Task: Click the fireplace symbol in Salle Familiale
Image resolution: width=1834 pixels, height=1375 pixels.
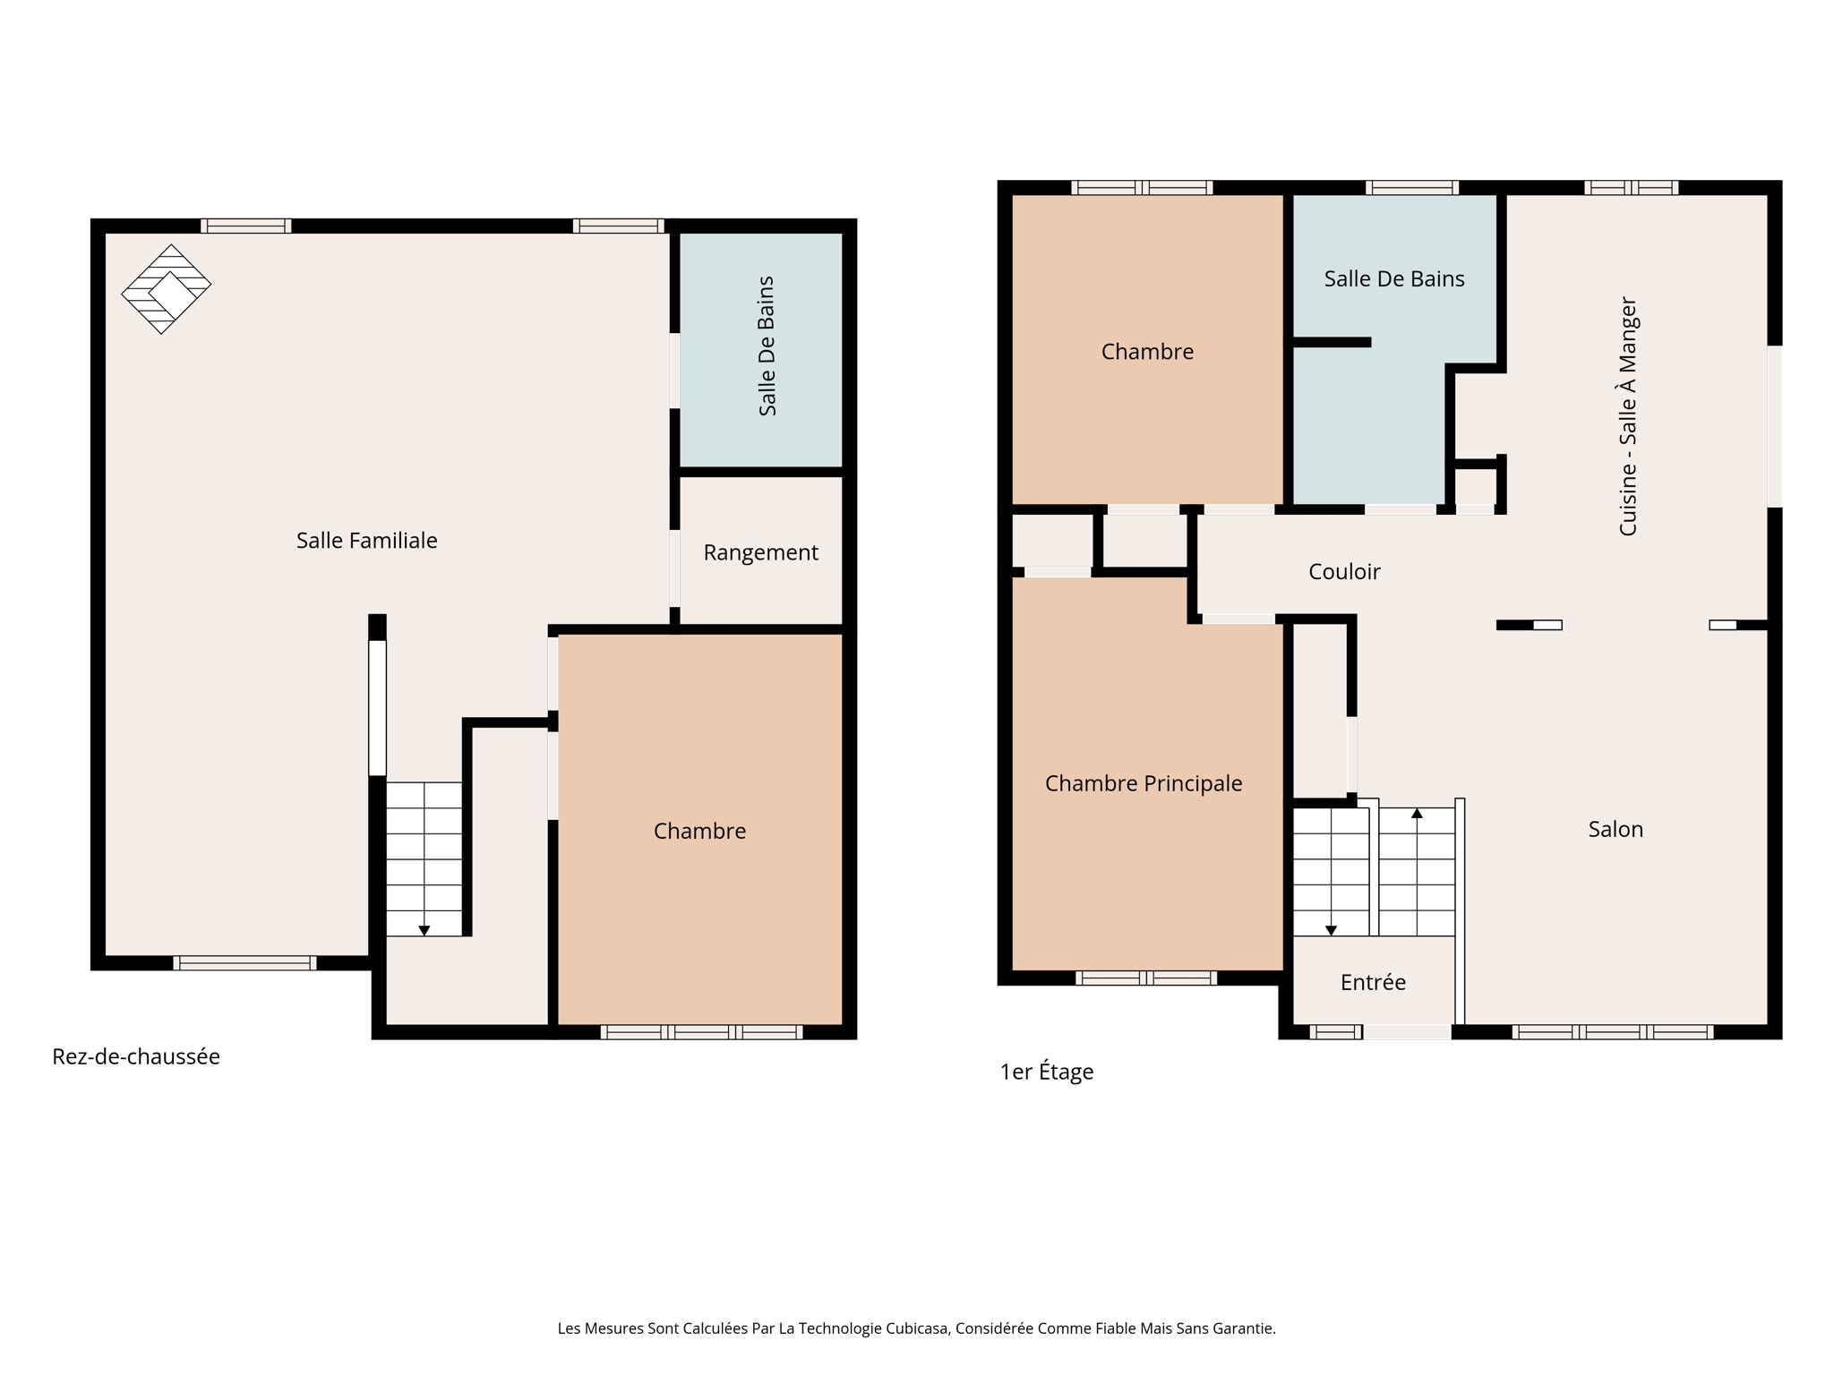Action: tap(167, 288)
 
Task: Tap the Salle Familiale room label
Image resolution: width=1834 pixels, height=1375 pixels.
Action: tap(366, 541)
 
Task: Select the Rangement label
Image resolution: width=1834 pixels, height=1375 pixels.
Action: tap(760, 553)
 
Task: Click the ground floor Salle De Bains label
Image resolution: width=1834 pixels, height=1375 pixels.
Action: tap(767, 346)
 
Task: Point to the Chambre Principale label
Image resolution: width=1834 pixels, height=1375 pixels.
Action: tap(1144, 784)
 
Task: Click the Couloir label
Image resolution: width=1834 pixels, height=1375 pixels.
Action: tap(1343, 572)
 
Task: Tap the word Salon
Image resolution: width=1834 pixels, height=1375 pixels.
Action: tap(1615, 830)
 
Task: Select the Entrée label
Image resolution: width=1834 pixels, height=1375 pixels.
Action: tap(1373, 983)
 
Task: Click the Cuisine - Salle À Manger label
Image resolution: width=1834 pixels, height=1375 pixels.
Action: tap(1627, 417)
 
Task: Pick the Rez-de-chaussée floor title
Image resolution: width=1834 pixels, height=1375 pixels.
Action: tap(136, 1057)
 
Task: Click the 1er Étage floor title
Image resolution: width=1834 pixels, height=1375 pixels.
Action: tap(1046, 1072)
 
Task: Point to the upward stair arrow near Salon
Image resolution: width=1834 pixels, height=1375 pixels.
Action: tap(1417, 814)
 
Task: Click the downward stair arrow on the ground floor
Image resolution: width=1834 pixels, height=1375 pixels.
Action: tap(424, 931)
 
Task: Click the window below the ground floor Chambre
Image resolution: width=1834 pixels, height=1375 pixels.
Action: tap(701, 1032)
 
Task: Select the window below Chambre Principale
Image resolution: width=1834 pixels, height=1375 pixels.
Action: tap(1145, 978)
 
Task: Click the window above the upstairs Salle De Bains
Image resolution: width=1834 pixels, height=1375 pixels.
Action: tap(1411, 188)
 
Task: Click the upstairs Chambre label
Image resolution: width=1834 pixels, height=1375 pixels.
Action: tap(1147, 352)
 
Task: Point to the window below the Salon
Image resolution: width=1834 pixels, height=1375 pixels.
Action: tap(1612, 1032)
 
